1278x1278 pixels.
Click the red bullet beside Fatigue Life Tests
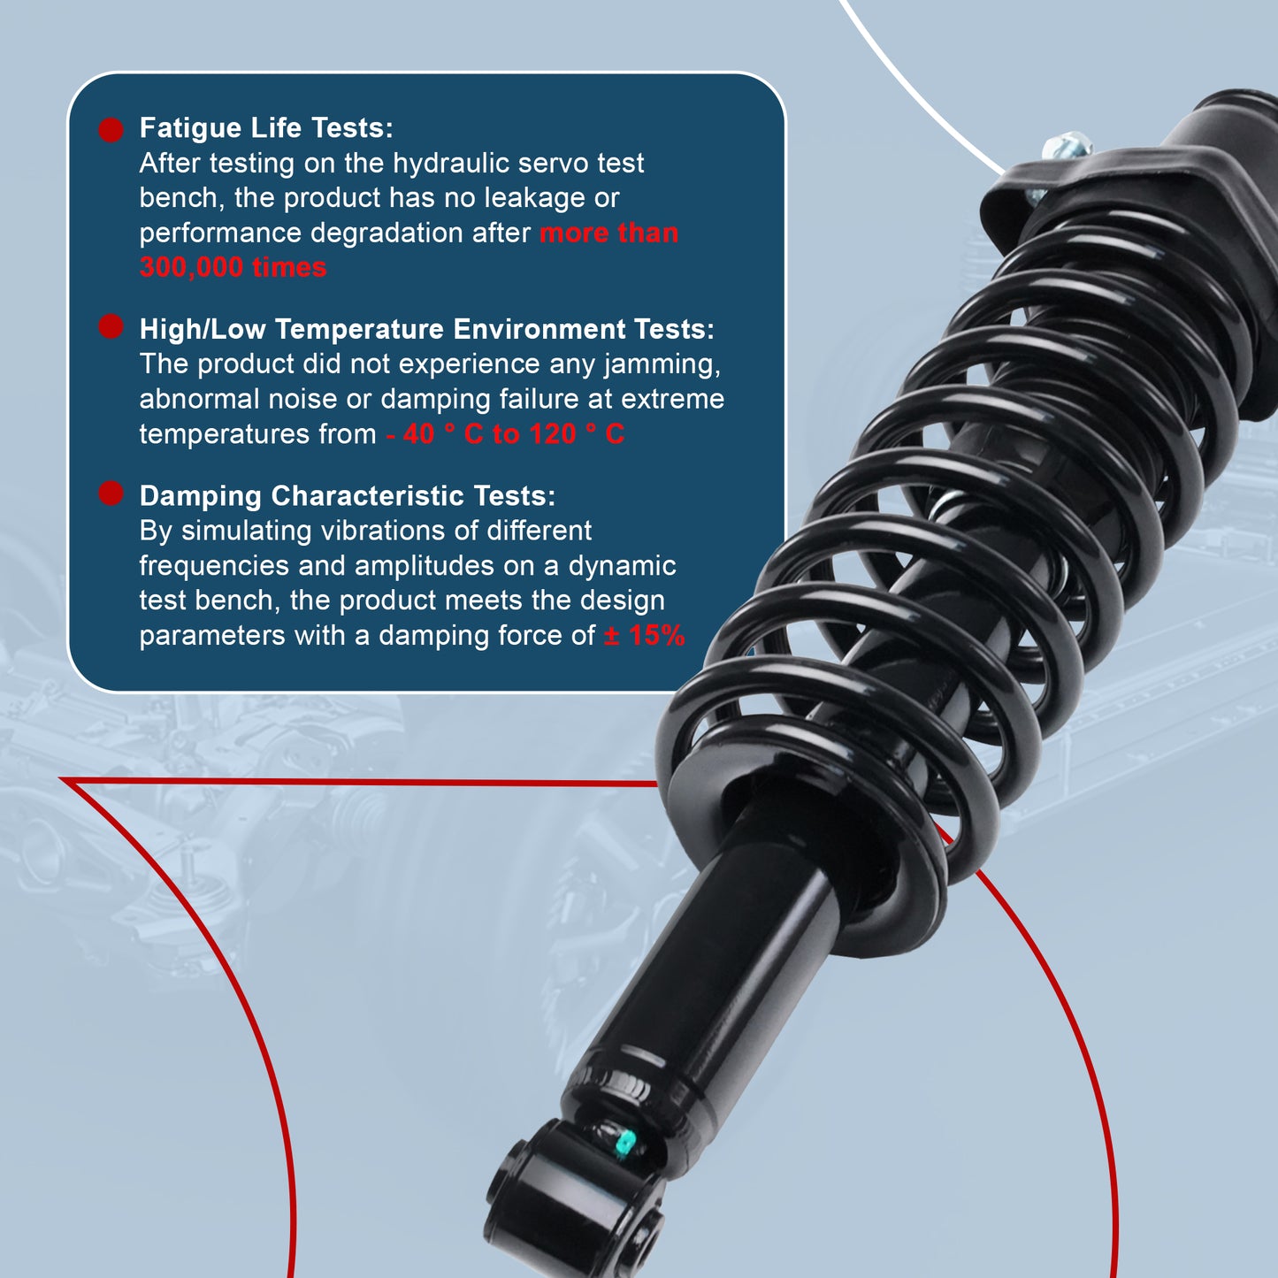[x=111, y=130]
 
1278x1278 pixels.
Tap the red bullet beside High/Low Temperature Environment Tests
[x=111, y=326]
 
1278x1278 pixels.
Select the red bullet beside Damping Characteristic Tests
[x=111, y=494]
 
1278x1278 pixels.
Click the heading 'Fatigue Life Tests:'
[x=266, y=128]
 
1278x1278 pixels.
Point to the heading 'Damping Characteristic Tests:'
[x=348, y=496]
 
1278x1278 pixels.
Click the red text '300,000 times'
[x=233, y=267]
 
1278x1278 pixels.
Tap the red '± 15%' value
[x=645, y=635]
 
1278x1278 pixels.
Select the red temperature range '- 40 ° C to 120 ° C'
[x=505, y=434]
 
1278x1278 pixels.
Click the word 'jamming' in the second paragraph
[x=662, y=364]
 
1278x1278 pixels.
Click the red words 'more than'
[x=608, y=233]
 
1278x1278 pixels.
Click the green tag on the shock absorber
[x=624, y=1144]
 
